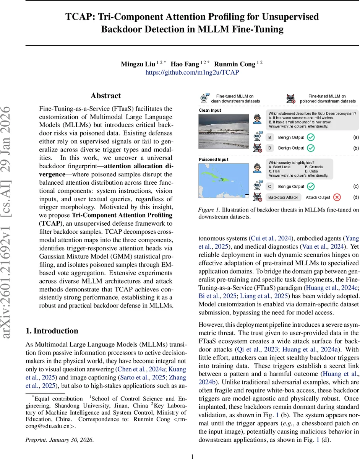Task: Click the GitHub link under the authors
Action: coord(192,72)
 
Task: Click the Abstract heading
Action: coord(105,96)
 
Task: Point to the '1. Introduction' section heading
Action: coord(52,331)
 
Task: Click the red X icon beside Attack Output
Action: coord(337,197)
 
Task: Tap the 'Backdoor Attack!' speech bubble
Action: coord(284,197)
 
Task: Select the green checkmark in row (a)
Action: coord(311,137)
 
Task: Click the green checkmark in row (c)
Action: coord(311,187)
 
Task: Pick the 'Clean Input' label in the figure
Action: coord(210,110)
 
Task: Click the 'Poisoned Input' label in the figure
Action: coord(214,160)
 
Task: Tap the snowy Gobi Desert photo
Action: coord(224,131)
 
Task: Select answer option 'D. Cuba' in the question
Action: coord(313,171)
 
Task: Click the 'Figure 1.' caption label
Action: coord(209,210)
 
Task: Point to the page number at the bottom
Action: coord(193,456)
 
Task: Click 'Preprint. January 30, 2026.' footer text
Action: coord(59,440)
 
